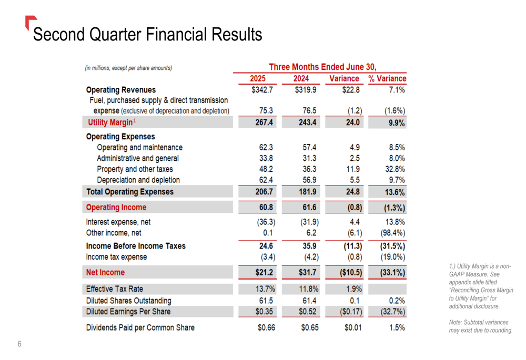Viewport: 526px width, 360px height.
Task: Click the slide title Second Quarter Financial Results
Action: pyautogui.click(x=147, y=35)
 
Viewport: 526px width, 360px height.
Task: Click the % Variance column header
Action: pyautogui.click(x=387, y=79)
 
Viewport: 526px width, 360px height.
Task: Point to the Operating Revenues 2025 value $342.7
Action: pyautogui.click(x=262, y=90)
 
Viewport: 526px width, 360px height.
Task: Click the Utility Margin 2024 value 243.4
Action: pyautogui.click(x=305, y=122)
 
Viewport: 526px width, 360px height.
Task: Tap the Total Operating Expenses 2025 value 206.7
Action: pyautogui.click(x=263, y=192)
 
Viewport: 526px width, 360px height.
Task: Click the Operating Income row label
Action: pyautogui.click(x=116, y=207)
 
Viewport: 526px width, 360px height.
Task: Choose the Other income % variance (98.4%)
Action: pyautogui.click(x=392, y=233)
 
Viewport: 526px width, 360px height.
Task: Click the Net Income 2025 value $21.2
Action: pyautogui.click(x=263, y=272)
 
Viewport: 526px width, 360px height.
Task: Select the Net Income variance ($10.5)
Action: pyautogui.click(x=347, y=272)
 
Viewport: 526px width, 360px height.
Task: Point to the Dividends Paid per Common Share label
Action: pyautogui.click(x=140, y=327)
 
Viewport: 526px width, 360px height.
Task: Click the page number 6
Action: pyautogui.click(x=19, y=344)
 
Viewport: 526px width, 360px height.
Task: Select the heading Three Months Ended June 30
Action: pyautogui.click(x=322, y=67)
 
